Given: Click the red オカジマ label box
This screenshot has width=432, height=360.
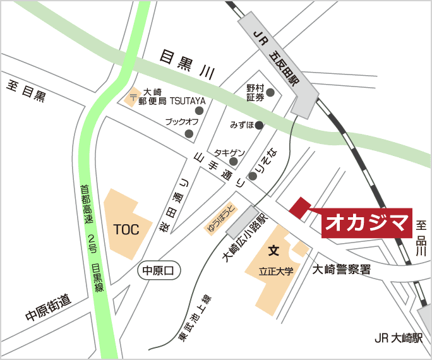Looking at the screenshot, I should (x=367, y=223).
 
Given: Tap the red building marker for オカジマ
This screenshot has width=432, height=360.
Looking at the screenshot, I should (x=299, y=207).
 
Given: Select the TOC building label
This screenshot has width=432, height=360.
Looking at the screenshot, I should (x=126, y=229).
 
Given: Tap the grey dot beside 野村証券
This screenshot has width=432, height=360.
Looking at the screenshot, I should (x=270, y=93).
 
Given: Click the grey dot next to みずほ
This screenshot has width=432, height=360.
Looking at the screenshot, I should (x=260, y=125).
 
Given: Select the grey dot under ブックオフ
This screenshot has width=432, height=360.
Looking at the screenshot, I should (x=189, y=133).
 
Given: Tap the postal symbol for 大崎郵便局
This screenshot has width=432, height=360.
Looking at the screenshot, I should (x=133, y=97).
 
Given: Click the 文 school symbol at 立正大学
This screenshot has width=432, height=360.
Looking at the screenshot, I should (x=273, y=251).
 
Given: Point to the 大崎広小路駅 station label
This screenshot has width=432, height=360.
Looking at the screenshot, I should (x=244, y=236).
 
